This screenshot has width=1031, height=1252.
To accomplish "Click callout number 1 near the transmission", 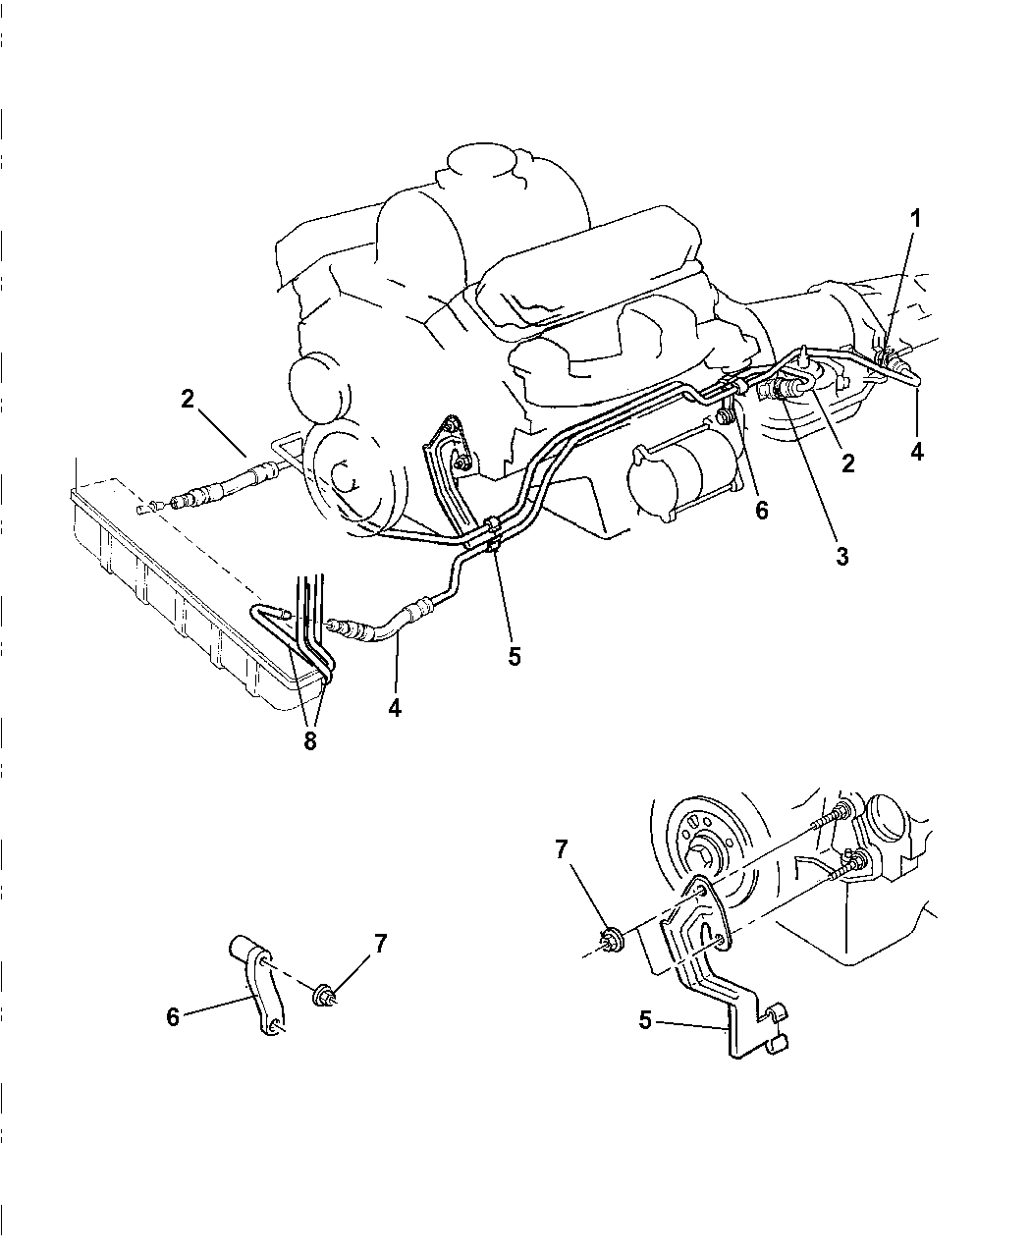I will pos(915,219).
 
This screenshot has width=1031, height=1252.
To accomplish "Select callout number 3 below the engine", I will pos(842,556).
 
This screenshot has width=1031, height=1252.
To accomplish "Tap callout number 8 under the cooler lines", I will pos(310,741).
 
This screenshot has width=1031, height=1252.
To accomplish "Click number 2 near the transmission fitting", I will pos(847,463).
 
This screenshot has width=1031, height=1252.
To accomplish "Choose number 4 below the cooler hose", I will pos(395,706).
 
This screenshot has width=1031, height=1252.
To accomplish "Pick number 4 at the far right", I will pos(916,452).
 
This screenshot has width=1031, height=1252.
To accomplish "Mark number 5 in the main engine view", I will pos(515,656).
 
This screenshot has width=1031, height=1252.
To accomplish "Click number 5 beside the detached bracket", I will pos(645,1020).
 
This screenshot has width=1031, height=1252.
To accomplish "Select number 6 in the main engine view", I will pos(762,510).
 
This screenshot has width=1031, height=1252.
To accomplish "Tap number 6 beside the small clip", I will pos(173,1016).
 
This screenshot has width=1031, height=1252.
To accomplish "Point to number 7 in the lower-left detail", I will pos(379,944).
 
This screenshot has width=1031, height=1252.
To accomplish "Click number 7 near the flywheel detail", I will pos(562,849).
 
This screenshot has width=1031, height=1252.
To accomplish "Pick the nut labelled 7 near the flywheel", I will pos(609,941).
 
